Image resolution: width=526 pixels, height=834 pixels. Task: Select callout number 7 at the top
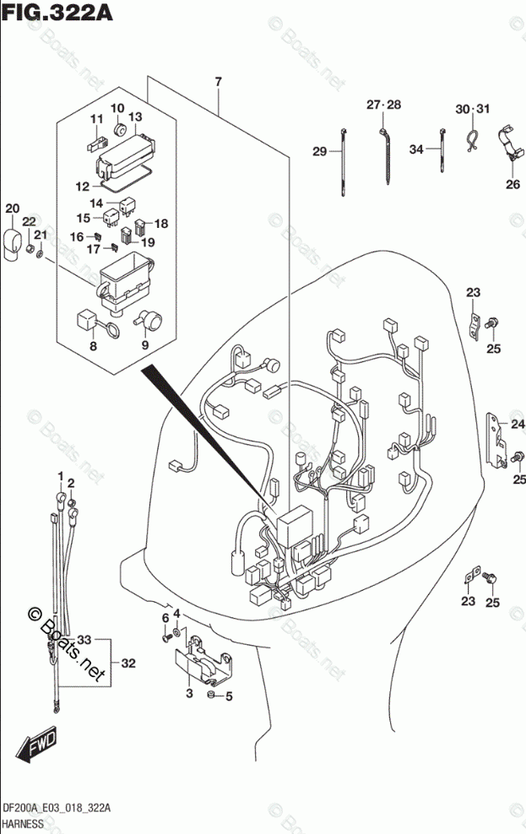[x=218, y=82]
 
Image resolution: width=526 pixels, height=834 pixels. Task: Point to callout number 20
[x=12, y=209]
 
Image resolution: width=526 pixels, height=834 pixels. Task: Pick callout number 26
[x=512, y=186]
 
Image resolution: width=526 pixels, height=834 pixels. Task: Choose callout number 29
[x=319, y=151]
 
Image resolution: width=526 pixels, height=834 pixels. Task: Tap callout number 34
[x=415, y=149]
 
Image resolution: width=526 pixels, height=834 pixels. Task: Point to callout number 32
[x=128, y=663]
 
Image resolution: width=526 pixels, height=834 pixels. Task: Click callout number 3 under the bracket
[x=189, y=693]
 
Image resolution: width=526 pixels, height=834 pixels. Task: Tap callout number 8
[x=93, y=344]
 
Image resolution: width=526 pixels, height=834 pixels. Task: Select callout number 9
[x=144, y=344]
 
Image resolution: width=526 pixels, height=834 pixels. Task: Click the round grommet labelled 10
[x=119, y=130]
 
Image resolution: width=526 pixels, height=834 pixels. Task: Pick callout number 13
[x=135, y=116]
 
